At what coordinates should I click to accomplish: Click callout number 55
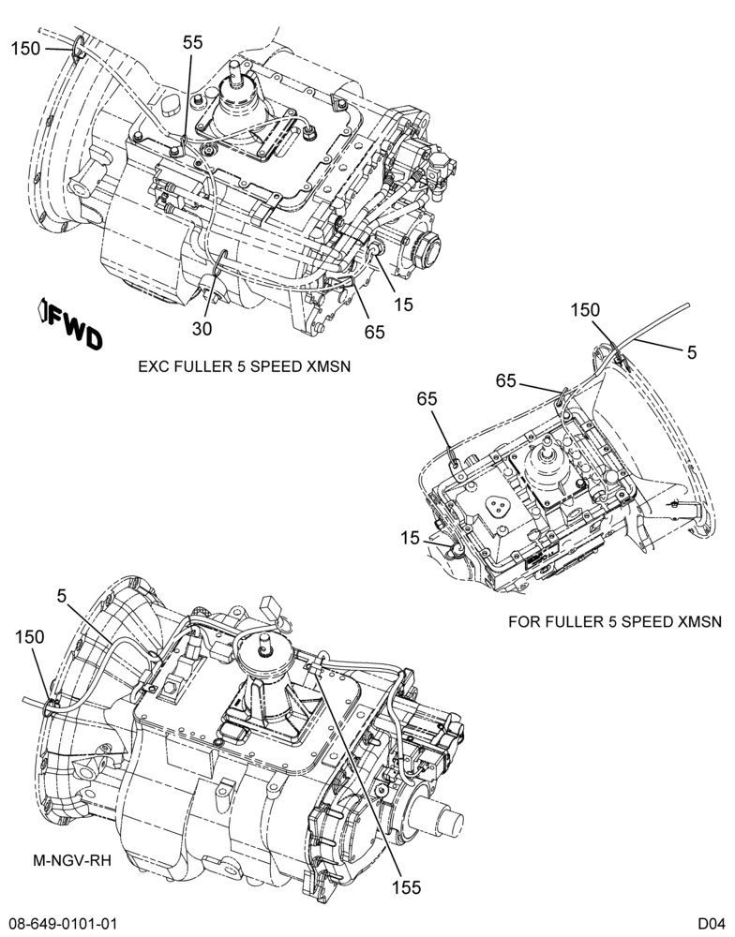pos(192,42)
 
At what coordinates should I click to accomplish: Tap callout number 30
pos(202,329)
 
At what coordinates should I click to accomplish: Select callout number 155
pos(407,887)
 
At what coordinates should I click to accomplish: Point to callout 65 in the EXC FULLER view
pos(375,332)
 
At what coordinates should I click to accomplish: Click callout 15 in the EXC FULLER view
pos(404,305)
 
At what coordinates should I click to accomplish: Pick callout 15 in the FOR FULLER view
pos(411,539)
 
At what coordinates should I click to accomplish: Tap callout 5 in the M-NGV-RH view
pos(62,595)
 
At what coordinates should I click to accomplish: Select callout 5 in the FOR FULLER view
pos(692,352)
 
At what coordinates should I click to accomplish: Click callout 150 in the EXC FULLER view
pos(25,49)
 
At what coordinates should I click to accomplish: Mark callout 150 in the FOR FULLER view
pos(584,309)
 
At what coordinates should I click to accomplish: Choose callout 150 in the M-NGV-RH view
pos(30,637)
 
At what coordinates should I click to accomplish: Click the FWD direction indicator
pos(70,323)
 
